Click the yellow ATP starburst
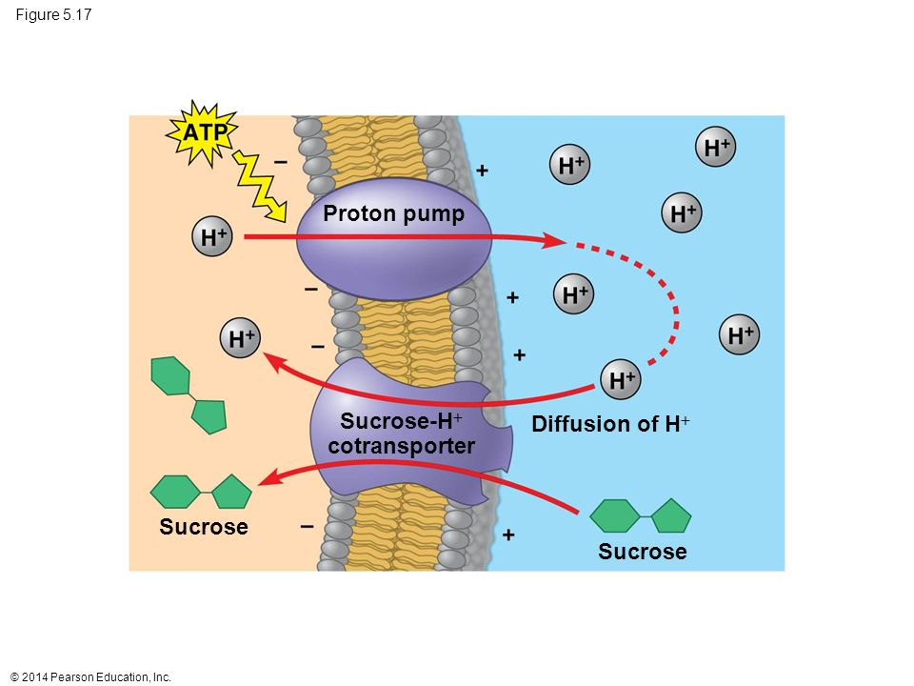202,133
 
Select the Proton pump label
393,214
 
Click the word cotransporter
401,446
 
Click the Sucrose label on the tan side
204,527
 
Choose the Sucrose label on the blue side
643,552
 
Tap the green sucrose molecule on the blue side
640,515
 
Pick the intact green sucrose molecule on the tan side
202,492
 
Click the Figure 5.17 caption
53,14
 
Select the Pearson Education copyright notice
89,677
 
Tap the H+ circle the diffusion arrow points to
241,339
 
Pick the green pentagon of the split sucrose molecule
209,415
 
